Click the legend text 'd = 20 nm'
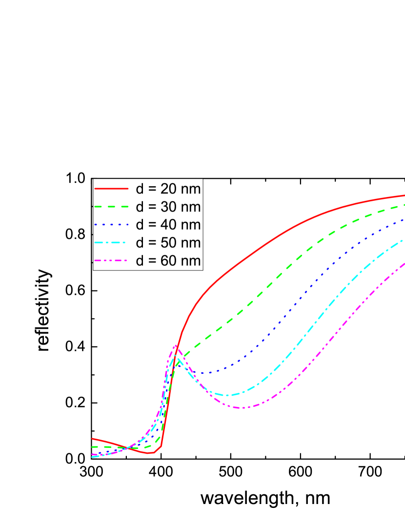(x=168, y=189)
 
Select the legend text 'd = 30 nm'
(x=168, y=207)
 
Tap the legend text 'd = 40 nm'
(x=168, y=225)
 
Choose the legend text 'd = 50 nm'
(x=168, y=243)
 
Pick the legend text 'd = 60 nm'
(x=168, y=261)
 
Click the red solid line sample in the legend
(x=111, y=189)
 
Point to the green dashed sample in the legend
(x=111, y=207)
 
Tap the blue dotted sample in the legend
(x=111, y=225)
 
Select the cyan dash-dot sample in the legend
(x=111, y=243)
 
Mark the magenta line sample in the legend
(x=111, y=261)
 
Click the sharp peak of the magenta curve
(x=175, y=346)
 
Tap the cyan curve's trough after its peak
(x=228, y=395)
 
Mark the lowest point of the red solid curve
(x=152, y=453)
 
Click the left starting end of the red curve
(x=92, y=438)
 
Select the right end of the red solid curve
(x=404, y=195)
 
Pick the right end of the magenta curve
(x=404, y=263)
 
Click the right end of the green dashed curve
(x=404, y=206)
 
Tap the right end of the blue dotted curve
(x=404, y=220)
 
